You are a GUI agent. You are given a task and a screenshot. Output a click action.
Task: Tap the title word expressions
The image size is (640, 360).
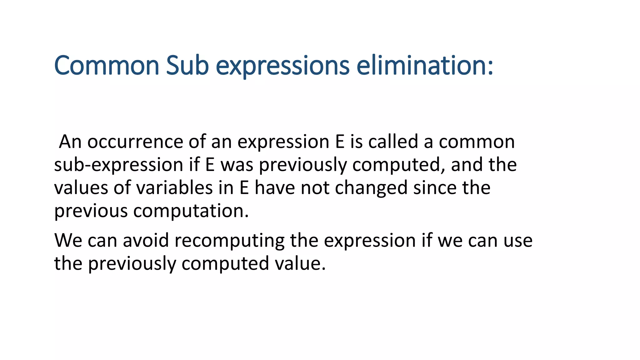[282, 66]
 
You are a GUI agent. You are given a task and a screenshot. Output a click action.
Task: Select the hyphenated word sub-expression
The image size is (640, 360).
[118, 165]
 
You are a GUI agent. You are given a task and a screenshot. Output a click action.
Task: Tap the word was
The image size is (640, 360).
[237, 165]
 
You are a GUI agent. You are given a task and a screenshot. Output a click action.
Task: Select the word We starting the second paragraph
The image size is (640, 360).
[68, 240]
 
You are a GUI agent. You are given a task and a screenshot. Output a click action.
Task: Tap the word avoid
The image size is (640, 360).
[146, 240]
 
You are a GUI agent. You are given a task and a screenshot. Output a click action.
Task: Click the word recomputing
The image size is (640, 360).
[229, 241]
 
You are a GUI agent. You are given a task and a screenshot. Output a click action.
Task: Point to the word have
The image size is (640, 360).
[275, 188]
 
